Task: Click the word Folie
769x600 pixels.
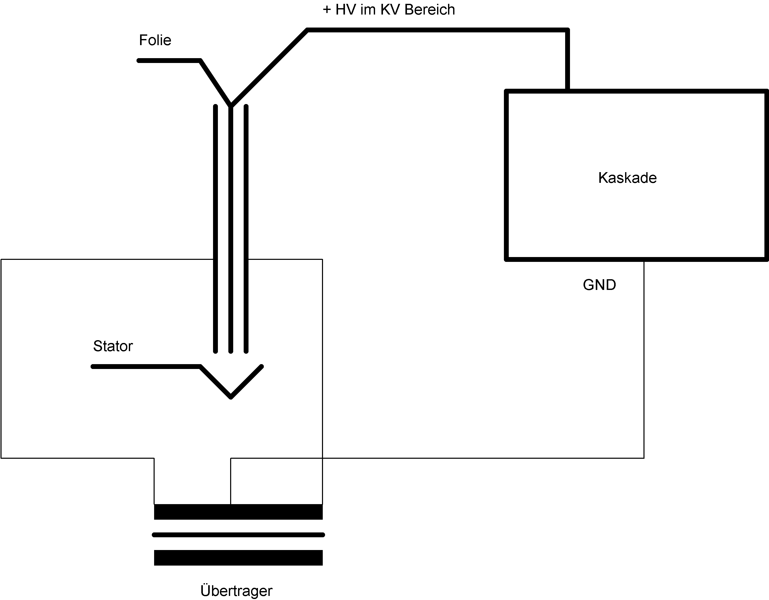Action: tap(155, 40)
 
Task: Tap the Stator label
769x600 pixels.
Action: tap(113, 346)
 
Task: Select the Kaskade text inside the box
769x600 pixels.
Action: tap(627, 178)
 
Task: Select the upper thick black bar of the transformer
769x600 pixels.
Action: tap(238, 512)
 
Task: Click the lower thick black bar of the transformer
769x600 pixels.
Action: tap(238, 558)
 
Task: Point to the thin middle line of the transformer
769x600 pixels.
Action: tap(238, 535)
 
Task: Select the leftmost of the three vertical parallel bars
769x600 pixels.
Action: tap(216, 229)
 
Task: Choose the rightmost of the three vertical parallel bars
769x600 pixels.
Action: tap(246, 229)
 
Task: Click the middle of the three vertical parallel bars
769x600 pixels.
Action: tap(231, 229)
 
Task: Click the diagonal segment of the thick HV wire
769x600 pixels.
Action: tap(269, 68)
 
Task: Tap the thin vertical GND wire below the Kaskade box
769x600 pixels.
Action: tap(644, 359)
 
